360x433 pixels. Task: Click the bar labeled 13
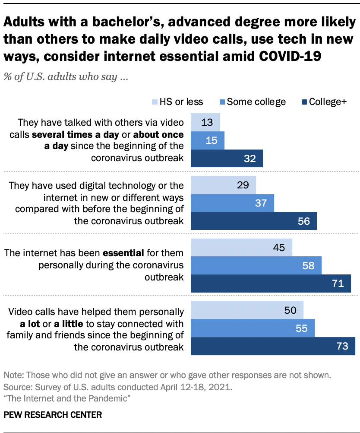[205, 122]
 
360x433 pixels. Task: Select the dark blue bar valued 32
[227, 159]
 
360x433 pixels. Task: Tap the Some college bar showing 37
[232, 203]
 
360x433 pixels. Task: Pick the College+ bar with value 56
[254, 221]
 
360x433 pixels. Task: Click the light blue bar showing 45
[241, 247]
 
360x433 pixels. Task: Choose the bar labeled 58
[256, 265]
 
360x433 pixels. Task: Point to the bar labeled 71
[271, 283]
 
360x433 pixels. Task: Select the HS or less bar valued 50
[247, 310]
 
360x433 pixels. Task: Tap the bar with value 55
[253, 328]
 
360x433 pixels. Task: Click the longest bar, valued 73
[273, 347]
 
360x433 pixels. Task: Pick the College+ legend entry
[324, 102]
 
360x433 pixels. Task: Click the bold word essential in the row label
[126, 253]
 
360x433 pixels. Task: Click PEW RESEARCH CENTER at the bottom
[53, 415]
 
